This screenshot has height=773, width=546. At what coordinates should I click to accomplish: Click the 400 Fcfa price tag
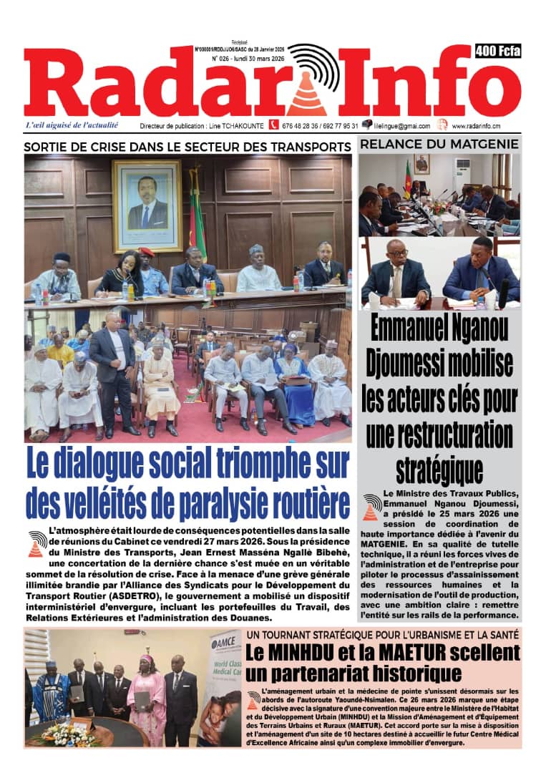point(497,51)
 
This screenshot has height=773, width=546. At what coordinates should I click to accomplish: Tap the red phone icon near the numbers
point(273,125)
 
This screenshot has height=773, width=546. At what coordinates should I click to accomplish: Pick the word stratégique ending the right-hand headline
point(439,470)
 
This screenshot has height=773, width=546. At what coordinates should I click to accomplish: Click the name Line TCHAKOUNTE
point(235,126)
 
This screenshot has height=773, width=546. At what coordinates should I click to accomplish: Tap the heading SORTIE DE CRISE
point(187,146)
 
